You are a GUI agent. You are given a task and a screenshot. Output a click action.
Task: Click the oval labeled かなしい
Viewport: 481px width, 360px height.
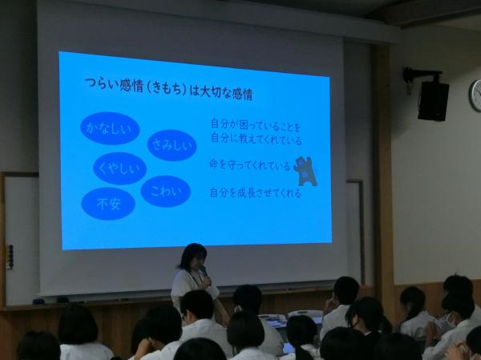110,128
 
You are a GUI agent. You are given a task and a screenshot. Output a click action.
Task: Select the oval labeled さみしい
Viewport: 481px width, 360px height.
172,145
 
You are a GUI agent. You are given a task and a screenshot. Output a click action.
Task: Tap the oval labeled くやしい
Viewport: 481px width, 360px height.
119,168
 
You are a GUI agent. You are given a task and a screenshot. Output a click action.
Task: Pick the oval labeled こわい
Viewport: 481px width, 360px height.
166,191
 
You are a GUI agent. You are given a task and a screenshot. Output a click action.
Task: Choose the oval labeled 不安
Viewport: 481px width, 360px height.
108,204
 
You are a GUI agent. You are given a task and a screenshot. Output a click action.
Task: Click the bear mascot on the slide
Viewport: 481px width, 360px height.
305,172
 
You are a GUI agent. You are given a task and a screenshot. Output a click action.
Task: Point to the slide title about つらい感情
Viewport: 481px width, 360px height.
168,89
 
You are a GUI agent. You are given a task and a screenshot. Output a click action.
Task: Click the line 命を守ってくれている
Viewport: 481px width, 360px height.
249,165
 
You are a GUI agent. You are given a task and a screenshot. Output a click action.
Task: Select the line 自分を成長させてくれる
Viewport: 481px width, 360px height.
255,193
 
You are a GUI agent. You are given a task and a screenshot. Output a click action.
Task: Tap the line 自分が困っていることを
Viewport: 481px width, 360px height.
256,125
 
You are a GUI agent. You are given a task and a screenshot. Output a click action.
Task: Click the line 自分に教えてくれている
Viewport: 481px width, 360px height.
257,139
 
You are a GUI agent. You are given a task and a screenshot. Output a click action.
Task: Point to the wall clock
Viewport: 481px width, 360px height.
475,95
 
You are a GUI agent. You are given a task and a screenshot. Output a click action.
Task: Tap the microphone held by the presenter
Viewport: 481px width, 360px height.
204,274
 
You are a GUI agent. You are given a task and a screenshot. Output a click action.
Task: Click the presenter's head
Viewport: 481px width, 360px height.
193,257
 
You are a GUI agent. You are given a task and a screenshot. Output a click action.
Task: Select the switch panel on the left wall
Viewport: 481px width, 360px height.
10,257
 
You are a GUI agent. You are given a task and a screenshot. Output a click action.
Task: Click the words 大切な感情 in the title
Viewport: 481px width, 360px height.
226,93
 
